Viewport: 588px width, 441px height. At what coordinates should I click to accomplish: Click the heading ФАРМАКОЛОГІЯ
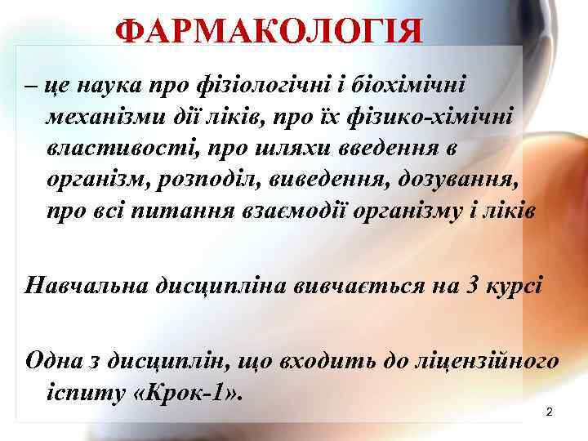(269, 32)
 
